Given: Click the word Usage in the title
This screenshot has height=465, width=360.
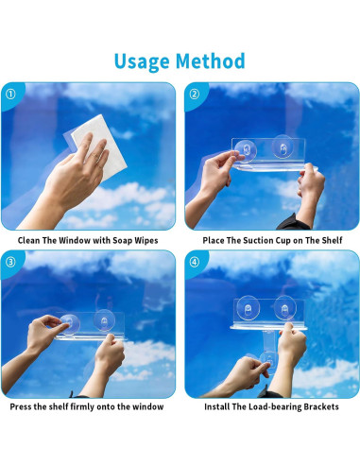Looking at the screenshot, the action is point(142,61).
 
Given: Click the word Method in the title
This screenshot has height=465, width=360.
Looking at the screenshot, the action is point(211,60).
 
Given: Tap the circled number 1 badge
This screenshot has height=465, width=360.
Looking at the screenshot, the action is point(11,95).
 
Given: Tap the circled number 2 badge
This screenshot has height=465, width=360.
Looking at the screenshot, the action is point(195,95).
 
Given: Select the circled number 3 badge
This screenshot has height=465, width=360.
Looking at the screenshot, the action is point(11,262).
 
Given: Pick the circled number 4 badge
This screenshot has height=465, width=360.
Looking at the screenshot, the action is point(195,262).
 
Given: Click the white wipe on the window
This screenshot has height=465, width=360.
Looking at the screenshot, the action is point(100,146).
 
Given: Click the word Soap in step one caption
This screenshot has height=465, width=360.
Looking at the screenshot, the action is point(123,241).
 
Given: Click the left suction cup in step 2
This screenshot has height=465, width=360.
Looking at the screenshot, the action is point(246,151).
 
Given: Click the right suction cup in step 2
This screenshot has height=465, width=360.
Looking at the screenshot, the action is point(283,146).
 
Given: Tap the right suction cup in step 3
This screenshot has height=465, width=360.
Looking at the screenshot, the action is point(104,320).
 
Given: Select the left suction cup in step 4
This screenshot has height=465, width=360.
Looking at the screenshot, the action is point(249,307).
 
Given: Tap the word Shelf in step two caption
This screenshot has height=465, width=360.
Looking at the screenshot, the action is point(332,240).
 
